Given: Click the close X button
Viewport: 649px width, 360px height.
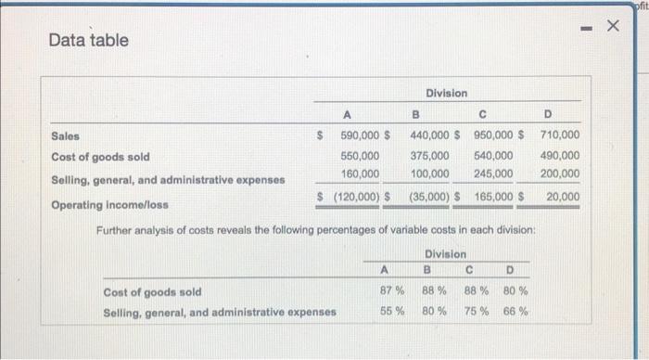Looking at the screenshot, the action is point(611,27).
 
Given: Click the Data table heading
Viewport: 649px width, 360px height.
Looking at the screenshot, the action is point(89,41).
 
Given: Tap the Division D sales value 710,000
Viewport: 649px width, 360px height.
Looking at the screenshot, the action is point(559,136).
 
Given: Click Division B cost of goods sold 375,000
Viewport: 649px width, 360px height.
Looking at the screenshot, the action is point(430,156).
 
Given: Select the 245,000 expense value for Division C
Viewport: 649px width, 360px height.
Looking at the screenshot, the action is point(493,174).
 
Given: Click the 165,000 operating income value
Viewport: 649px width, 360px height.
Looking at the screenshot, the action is point(493,197).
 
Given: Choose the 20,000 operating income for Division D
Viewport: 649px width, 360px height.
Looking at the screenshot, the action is point(563,197).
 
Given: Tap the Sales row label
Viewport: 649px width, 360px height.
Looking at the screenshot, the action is point(65,136).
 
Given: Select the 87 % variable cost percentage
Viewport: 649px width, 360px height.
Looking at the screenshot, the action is point(391,291).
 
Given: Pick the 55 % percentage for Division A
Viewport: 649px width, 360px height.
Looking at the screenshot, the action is point(391,311).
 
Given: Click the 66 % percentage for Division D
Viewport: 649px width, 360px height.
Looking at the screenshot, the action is point(516,311).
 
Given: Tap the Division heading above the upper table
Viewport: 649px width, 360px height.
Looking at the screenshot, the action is point(447,94).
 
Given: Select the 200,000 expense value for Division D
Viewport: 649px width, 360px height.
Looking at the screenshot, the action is point(559,174).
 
